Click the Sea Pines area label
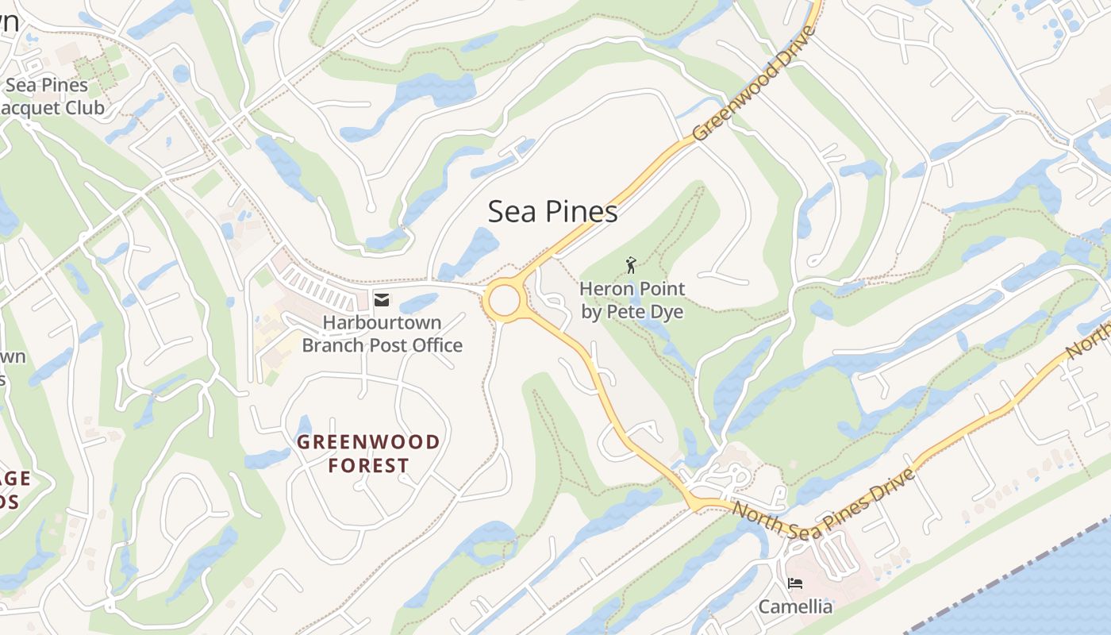(552, 212)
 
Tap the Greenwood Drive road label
(755, 84)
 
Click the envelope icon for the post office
(381, 299)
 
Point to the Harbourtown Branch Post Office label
(382, 334)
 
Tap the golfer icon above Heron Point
(631, 264)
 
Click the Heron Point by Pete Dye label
(632, 300)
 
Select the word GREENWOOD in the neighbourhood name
(368, 442)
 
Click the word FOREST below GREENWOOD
(368, 466)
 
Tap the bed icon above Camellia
(794, 583)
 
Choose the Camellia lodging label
(795, 607)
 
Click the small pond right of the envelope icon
(418, 302)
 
